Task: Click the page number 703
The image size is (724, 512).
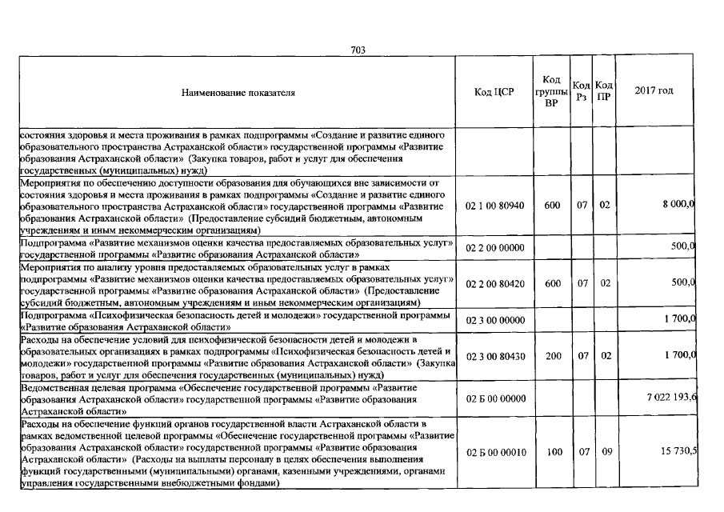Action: [x=358, y=50]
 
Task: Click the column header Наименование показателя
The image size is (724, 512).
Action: [x=238, y=93]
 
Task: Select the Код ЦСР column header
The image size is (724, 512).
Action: [x=494, y=92]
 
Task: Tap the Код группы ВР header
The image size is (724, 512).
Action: [x=551, y=92]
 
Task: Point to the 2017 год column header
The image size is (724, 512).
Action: [x=654, y=90]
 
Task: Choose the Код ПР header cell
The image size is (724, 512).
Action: [x=605, y=92]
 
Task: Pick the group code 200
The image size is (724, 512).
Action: [x=553, y=356]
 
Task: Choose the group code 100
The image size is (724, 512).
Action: [x=553, y=452]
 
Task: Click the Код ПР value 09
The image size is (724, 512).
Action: [x=606, y=452]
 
